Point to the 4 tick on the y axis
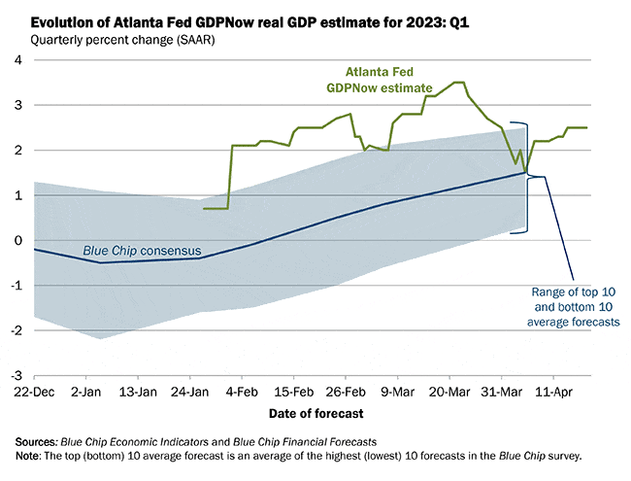click(x=18, y=60)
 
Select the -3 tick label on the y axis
click(x=16, y=375)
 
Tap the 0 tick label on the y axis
click(x=18, y=240)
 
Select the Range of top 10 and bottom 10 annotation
click(x=576, y=306)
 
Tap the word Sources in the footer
click(x=32, y=442)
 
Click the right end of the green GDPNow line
click(x=586, y=127)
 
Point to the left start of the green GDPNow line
click(x=204, y=208)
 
